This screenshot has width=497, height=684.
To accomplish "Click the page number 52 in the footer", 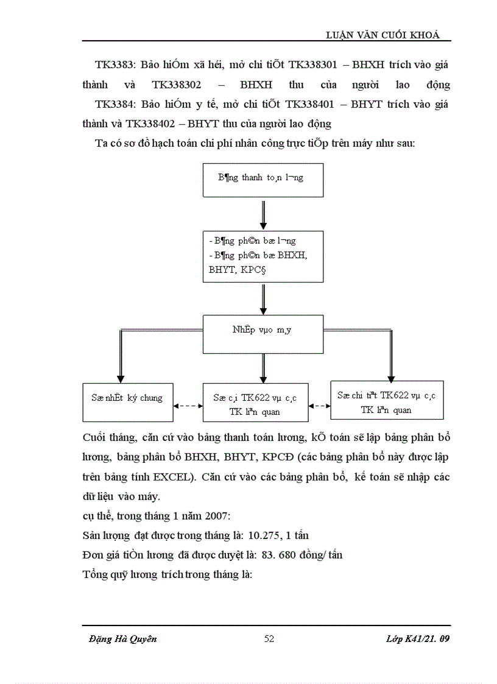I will [269, 639].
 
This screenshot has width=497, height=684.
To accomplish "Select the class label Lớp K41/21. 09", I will [418, 639].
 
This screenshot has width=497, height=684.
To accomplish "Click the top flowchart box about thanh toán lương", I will [262, 178].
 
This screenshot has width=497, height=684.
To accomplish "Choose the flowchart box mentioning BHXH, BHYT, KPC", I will [262, 256].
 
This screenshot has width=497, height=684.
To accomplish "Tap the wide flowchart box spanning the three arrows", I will [262, 332].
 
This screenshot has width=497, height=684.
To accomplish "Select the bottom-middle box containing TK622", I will [255, 404].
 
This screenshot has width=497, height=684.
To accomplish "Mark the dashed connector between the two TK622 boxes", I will [319, 404].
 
